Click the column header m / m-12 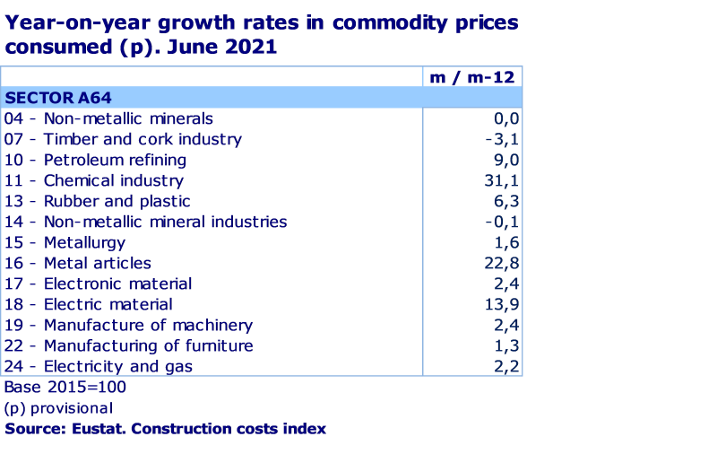click(x=471, y=77)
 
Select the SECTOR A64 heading click(x=58, y=98)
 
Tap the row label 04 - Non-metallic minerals click(x=108, y=118)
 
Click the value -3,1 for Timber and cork click(x=504, y=139)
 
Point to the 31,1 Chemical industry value click(x=502, y=180)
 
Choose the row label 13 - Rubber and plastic click(x=97, y=201)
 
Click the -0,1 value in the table click(x=504, y=222)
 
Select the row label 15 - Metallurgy click(x=65, y=242)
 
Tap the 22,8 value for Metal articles click(x=502, y=263)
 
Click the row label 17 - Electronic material click(x=98, y=284)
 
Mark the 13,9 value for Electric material click(x=502, y=304)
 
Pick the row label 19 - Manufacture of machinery click(x=128, y=325)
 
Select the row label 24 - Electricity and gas click(x=98, y=366)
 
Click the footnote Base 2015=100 click(x=65, y=388)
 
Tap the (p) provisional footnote click(x=58, y=408)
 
